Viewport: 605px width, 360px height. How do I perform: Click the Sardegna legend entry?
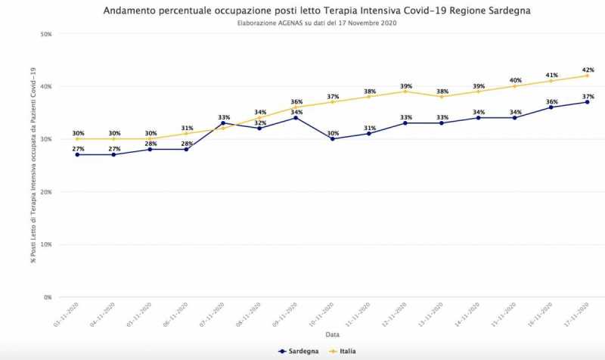[298, 351]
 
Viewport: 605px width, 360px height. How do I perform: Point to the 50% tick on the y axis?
[45, 34]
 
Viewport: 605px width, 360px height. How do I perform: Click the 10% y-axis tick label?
[45, 245]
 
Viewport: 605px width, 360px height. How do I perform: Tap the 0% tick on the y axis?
[47, 297]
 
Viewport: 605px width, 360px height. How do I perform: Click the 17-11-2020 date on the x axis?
[582, 313]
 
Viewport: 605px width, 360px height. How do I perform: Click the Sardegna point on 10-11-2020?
[332, 139]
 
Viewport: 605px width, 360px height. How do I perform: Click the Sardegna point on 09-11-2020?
[296, 118]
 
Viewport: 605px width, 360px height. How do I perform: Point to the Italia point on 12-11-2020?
[405, 92]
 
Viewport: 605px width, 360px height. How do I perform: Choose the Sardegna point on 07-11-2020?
[223, 123]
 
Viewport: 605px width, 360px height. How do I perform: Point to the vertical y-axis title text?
[33, 165]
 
